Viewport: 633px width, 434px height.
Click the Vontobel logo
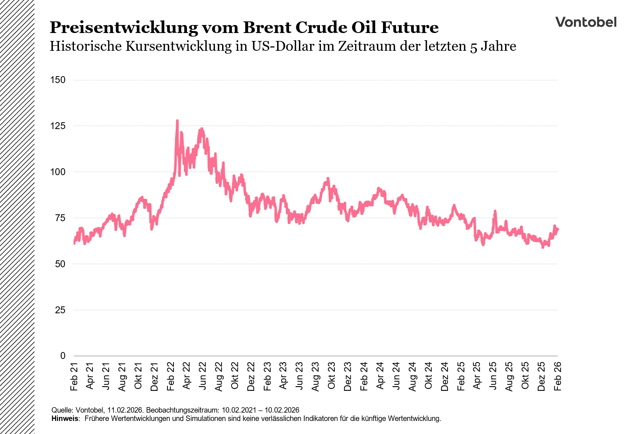click(586, 22)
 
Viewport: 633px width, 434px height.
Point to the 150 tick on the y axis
click(58, 80)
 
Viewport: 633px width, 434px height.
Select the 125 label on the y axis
click(58, 126)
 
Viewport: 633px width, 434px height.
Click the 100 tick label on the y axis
click(58, 172)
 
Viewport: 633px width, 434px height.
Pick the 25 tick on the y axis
click(60, 310)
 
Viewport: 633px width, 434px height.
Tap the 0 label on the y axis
click(63, 356)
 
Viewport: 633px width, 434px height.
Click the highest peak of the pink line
click(177, 121)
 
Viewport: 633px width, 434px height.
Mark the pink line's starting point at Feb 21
click(74, 243)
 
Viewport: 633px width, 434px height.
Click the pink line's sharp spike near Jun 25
click(495, 211)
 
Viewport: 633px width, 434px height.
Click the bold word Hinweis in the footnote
click(65, 418)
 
